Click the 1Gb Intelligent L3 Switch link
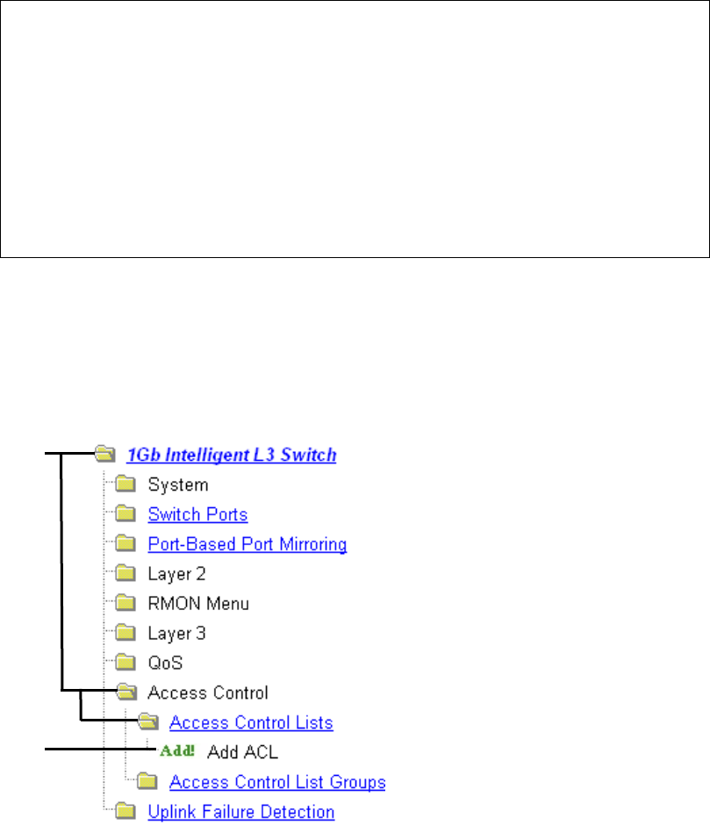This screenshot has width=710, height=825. [x=232, y=455]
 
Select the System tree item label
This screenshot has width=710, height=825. [x=178, y=484]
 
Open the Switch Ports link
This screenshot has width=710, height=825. [x=197, y=514]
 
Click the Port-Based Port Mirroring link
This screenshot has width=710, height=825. [x=247, y=544]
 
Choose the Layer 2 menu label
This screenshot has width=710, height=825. [x=176, y=574]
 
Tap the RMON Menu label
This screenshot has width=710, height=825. [x=198, y=604]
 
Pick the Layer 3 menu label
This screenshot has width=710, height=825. [x=176, y=634]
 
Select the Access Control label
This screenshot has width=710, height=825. [x=208, y=693]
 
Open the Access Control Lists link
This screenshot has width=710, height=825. [x=251, y=723]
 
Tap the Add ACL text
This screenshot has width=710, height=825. [x=242, y=753]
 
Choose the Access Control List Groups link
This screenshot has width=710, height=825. [x=277, y=782]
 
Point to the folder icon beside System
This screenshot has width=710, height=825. [x=127, y=484]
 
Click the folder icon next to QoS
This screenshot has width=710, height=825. [x=127, y=664]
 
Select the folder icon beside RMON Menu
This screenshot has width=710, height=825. [x=127, y=604]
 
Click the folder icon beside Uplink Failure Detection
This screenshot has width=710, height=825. [x=127, y=812]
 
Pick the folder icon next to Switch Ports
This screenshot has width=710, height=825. [x=127, y=514]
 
